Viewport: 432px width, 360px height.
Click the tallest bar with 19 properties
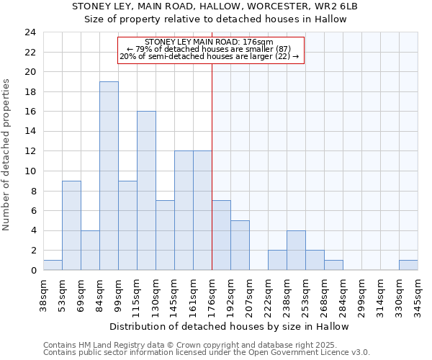[x=109, y=176]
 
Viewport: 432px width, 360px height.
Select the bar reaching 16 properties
[x=146, y=191]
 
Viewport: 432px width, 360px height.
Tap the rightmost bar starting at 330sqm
[x=408, y=265]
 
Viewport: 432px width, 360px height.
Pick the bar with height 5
[x=240, y=246]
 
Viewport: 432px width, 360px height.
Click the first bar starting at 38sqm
[x=53, y=265]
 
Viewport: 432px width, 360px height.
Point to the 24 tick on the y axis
[x=30, y=32]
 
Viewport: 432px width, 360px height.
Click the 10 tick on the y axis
[x=30, y=171]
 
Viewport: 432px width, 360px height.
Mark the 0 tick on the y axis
[x=33, y=271]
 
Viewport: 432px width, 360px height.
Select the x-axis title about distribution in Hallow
[x=230, y=326]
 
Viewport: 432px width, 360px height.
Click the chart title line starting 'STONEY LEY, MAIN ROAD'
[x=215, y=6]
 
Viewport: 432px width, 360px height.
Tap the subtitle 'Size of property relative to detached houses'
[x=215, y=19]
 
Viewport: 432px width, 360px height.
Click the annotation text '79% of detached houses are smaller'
[x=209, y=49]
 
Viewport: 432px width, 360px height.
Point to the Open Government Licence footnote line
[x=207, y=353]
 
